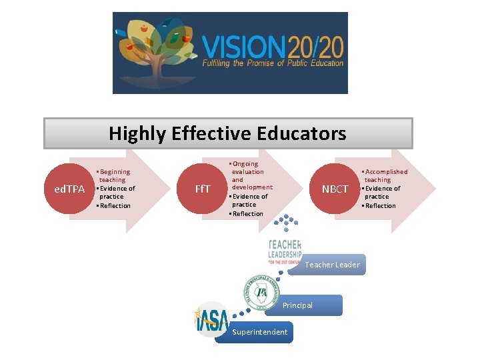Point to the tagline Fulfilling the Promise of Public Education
coord(273,64)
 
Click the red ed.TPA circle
coord(69,189)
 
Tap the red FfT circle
coord(203,189)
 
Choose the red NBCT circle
coord(335,189)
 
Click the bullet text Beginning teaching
coord(114,175)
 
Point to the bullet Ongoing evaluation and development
coord(249,175)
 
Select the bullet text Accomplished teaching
coord(385,175)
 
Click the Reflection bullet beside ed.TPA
coord(115,205)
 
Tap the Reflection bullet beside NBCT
coord(379,205)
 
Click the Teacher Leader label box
coord(332,265)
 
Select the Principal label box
coord(304,305)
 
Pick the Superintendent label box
coord(260,332)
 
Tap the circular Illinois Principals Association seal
coord(257,291)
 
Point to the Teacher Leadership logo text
coord(285,250)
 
